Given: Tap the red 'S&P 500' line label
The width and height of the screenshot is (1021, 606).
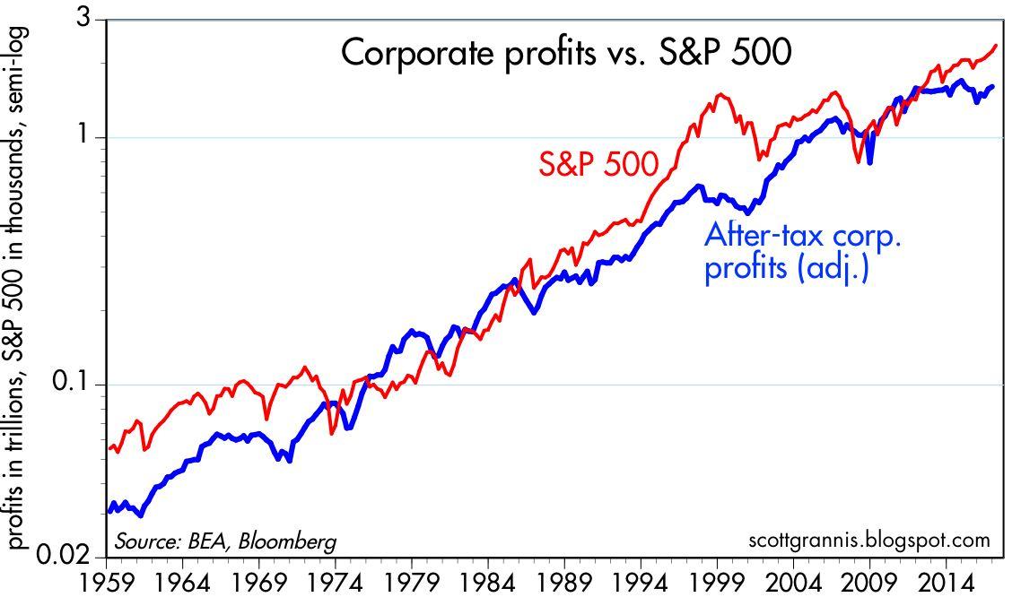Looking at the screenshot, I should (598, 163).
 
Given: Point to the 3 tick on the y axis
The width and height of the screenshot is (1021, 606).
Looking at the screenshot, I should (87, 20).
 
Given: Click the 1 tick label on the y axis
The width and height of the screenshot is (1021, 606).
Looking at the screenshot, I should (88, 137).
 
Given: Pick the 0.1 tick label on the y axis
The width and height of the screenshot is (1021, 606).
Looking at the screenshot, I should (76, 385).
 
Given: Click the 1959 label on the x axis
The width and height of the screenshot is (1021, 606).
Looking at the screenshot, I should (108, 582).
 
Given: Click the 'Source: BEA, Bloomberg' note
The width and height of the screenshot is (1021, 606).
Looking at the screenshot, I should (225, 541).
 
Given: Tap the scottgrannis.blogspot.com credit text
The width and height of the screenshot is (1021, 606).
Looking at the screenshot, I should (868, 541).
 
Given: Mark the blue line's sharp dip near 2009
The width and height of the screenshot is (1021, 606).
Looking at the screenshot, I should (870, 163).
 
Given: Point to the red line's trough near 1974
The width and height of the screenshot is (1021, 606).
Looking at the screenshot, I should (332, 433).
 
